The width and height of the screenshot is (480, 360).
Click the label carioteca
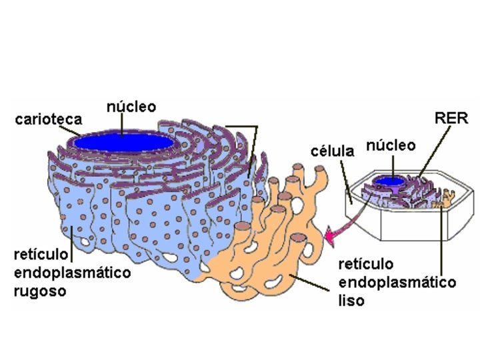coord(49,120)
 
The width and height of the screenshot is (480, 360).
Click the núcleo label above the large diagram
coord(131,107)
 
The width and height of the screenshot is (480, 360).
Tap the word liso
coord(351,301)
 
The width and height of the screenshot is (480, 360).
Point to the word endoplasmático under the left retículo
coord(72,273)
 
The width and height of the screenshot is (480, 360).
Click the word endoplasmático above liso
coord(397,282)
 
